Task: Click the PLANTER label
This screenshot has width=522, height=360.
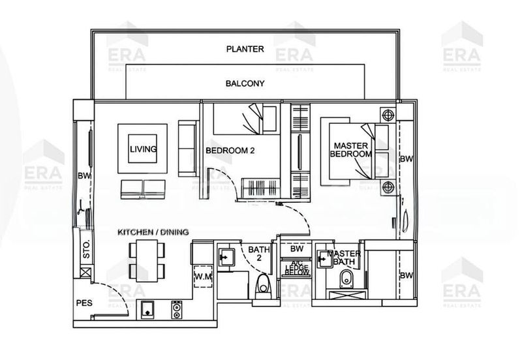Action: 245,49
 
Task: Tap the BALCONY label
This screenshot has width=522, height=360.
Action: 245,83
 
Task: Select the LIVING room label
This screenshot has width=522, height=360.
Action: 142,149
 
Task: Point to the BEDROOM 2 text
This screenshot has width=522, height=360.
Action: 230,150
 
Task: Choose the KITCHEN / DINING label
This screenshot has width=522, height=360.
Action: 153,232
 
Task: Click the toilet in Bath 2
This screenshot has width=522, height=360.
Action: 264,286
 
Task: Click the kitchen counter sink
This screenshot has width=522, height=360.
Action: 149,309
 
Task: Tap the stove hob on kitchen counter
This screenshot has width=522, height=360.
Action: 176,310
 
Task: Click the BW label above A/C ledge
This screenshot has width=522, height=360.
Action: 296,249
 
